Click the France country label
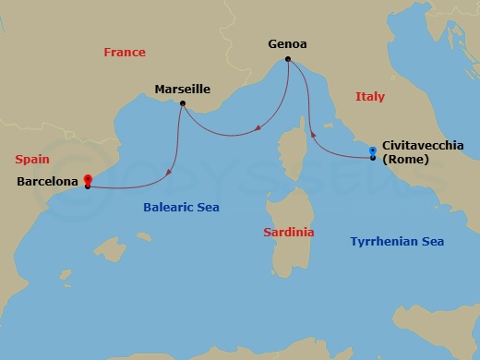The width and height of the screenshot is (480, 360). pyautogui.click(x=124, y=53)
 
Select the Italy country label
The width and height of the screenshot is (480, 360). pyautogui.click(x=369, y=96)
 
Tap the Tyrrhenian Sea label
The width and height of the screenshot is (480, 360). pyautogui.click(x=397, y=241)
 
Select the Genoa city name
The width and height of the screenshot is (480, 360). pyautogui.click(x=288, y=43)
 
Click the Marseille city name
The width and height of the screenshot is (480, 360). pyautogui.click(x=183, y=90)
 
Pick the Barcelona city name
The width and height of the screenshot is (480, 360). pyautogui.click(x=47, y=182)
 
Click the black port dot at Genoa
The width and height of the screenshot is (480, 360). pyautogui.click(x=288, y=60)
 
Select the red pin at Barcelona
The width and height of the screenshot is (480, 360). pyautogui.click(x=87, y=179)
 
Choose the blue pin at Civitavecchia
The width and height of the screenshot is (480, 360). pyautogui.click(x=372, y=150)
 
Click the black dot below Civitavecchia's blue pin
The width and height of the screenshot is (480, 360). pyautogui.click(x=372, y=159)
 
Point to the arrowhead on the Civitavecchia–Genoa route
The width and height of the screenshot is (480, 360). pyautogui.click(x=315, y=134)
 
